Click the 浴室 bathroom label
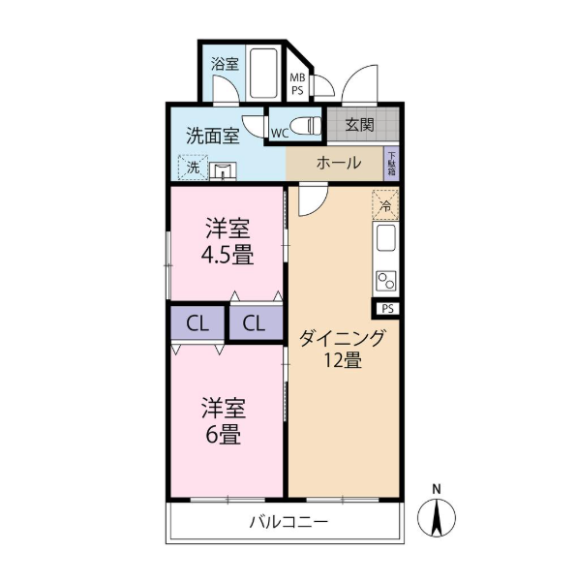click(225, 64)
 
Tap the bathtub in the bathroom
click(263, 73)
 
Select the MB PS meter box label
click(297, 84)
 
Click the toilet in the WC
click(306, 126)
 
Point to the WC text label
click(280, 134)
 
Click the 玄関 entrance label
click(359, 125)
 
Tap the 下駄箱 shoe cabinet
click(391, 164)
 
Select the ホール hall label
click(339, 163)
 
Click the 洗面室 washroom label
click(213, 136)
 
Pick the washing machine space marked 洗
click(193, 167)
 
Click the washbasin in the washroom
click(223, 171)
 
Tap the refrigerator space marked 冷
click(385, 205)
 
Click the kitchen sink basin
click(386, 237)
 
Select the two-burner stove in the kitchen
click(386, 281)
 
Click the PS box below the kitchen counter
click(388, 309)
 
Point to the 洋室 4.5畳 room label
click(228, 242)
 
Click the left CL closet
click(197, 322)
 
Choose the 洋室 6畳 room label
click(224, 420)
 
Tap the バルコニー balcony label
click(288, 523)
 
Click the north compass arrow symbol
click(437, 517)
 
